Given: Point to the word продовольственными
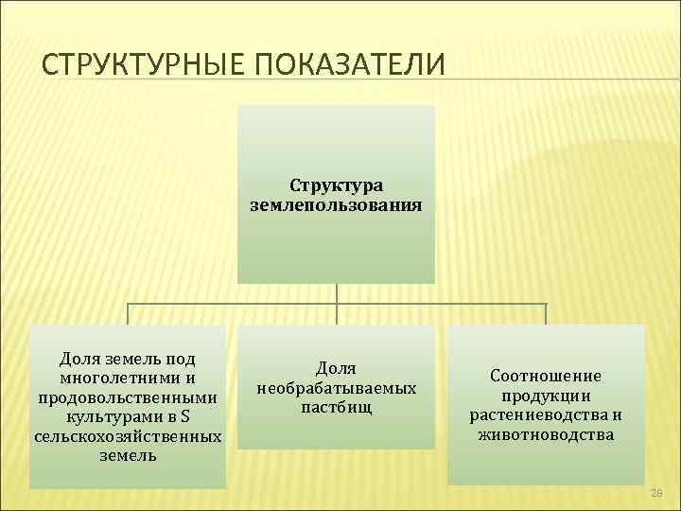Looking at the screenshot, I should [128, 397].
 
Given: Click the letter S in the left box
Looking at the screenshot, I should [184, 417].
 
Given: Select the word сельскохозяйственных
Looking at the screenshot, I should [128, 437].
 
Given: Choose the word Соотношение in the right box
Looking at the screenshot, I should [546, 377].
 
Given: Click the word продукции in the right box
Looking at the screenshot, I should [546, 396].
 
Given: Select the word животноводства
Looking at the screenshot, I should [546, 435].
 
